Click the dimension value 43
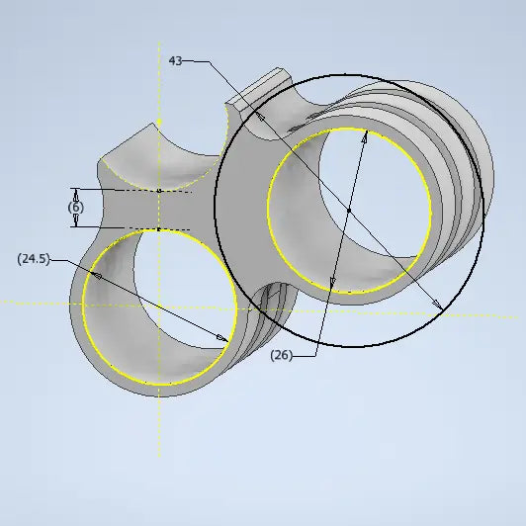(175, 61)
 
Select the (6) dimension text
(76, 207)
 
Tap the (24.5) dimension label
(34, 259)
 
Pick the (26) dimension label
(282, 355)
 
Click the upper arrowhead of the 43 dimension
(260, 117)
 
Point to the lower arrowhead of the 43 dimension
(437, 304)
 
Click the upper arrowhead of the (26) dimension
(365, 136)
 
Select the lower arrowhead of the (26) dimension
(332, 283)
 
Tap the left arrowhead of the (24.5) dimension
(97, 276)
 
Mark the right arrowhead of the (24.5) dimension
(222, 338)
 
